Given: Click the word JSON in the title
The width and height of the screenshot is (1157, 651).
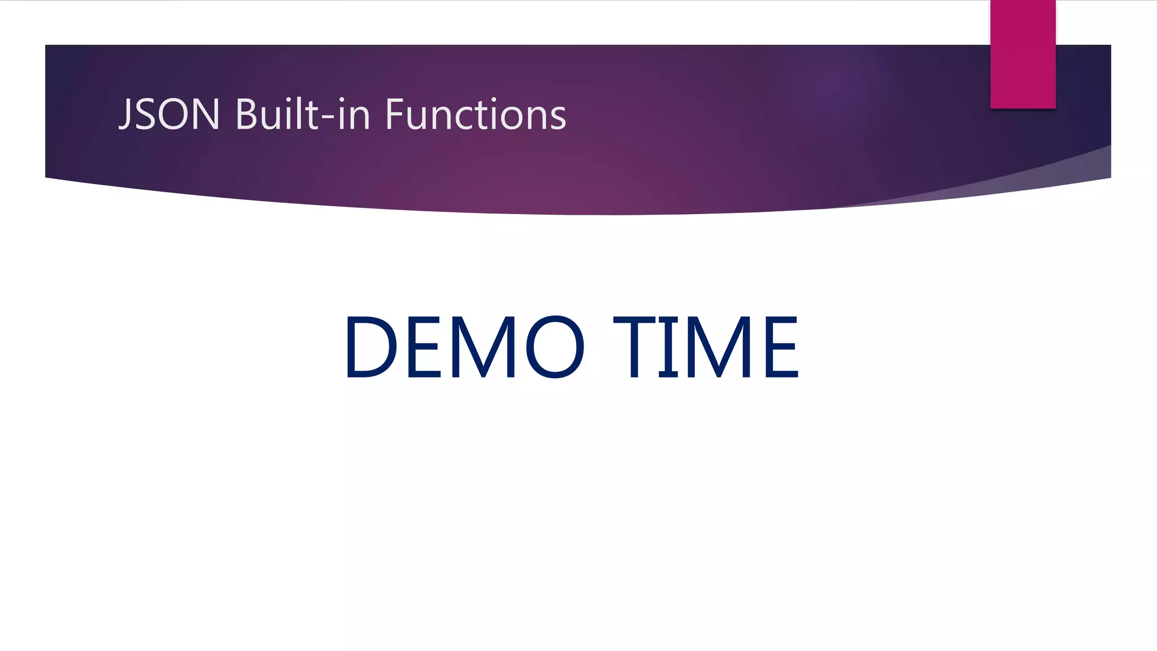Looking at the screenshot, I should point(169,115).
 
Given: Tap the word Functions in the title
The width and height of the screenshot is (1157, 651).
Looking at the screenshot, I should point(475,115).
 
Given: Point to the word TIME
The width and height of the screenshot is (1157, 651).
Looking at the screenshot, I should point(706,346).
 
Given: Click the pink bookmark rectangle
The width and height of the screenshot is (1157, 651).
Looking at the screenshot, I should point(1023,54).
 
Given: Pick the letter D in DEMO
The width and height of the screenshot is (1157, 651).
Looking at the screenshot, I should point(371,346).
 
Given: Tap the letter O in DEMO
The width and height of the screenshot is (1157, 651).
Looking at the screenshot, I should point(555,346).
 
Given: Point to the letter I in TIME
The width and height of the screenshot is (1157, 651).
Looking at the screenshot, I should point(668,346).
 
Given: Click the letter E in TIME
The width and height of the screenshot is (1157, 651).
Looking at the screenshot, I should point(782,346).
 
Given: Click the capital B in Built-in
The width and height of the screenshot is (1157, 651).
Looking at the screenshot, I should point(247,115).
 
